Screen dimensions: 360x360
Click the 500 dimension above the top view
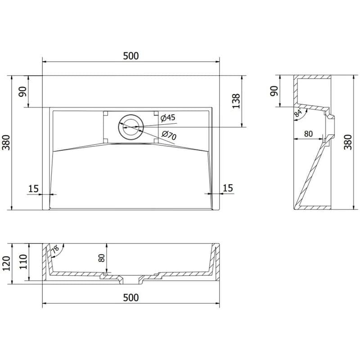(x=131, y=56)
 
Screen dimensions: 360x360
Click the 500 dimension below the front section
(x=131, y=297)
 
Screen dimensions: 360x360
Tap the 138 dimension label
(x=236, y=101)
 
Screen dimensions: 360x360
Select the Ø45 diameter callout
(x=168, y=118)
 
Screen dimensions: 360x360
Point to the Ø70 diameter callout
(x=169, y=135)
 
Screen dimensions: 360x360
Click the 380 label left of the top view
(x=6, y=143)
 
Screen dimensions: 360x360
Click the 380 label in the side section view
(x=347, y=142)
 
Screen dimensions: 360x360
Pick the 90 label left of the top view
(x=23, y=92)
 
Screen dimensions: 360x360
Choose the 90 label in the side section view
(x=274, y=91)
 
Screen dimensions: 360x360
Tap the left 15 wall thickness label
(x=33, y=189)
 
